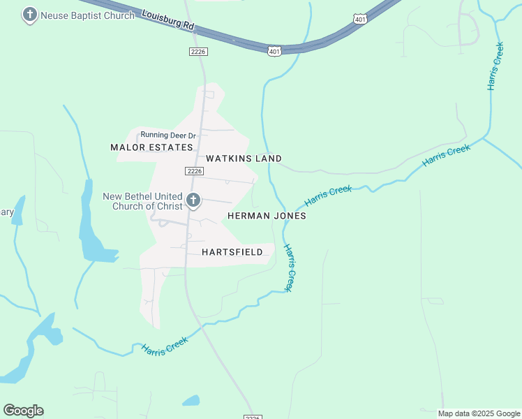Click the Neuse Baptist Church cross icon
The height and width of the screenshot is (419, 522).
pyautogui.click(x=29, y=14)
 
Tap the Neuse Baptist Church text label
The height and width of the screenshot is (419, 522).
pyautogui.click(x=87, y=15)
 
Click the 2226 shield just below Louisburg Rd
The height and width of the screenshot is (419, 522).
pyautogui.click(x=198, y=52)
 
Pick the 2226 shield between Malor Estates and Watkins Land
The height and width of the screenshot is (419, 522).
pyautogui.click(x=195, y=171)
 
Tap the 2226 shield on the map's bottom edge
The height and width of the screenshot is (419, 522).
pyautogui.click(x=253, y=417)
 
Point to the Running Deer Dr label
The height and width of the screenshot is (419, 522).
pyautogui.click(x=168, y=135)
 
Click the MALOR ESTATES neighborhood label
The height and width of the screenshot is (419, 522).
pyautogui.click(x=151, y=147)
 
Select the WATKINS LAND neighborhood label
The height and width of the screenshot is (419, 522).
pyautogui.click(x=244, y=159)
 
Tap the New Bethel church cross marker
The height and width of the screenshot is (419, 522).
pyautogui.click(x=193, y=201)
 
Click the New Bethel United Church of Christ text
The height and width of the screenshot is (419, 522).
pyautogui.click(x=142, y=201)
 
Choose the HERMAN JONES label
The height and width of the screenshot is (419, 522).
pyautogui.click(x=267, y=216)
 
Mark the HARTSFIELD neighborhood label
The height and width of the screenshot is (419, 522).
pyautogui.click(x=232, y=251)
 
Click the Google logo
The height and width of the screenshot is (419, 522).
pyautogui.click(x=23, y=411)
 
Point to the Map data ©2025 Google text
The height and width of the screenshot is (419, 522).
pyautogui.click(x=479, y=413)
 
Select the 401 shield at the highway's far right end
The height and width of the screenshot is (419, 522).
pyautogui.click(x=359, y=20)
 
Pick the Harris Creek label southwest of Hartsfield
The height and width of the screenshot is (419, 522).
pyautogui.click(x=165, y=347)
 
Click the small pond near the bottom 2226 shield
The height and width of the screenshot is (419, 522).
pyautogui.click(x=191, y=401)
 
